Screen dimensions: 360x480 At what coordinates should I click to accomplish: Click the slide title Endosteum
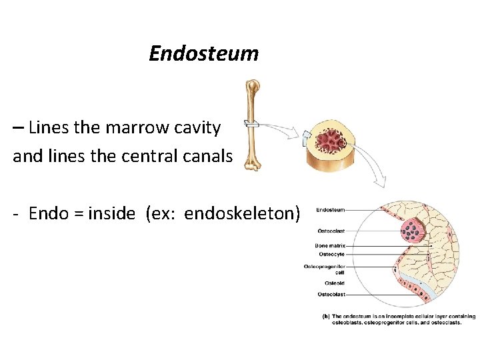[x=203, y=53]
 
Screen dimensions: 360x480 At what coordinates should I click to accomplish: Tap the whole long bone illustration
[x=252, y=125]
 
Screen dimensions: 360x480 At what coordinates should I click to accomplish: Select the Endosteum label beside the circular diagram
[x=330, y=210]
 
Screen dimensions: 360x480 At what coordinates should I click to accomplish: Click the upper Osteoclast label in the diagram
[x=331, y=231]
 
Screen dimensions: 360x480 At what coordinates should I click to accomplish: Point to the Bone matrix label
[x=330, y=246]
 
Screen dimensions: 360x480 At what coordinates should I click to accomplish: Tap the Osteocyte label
[x=331, y=254]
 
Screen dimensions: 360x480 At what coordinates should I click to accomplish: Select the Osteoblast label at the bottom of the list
[x=331, y=294]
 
